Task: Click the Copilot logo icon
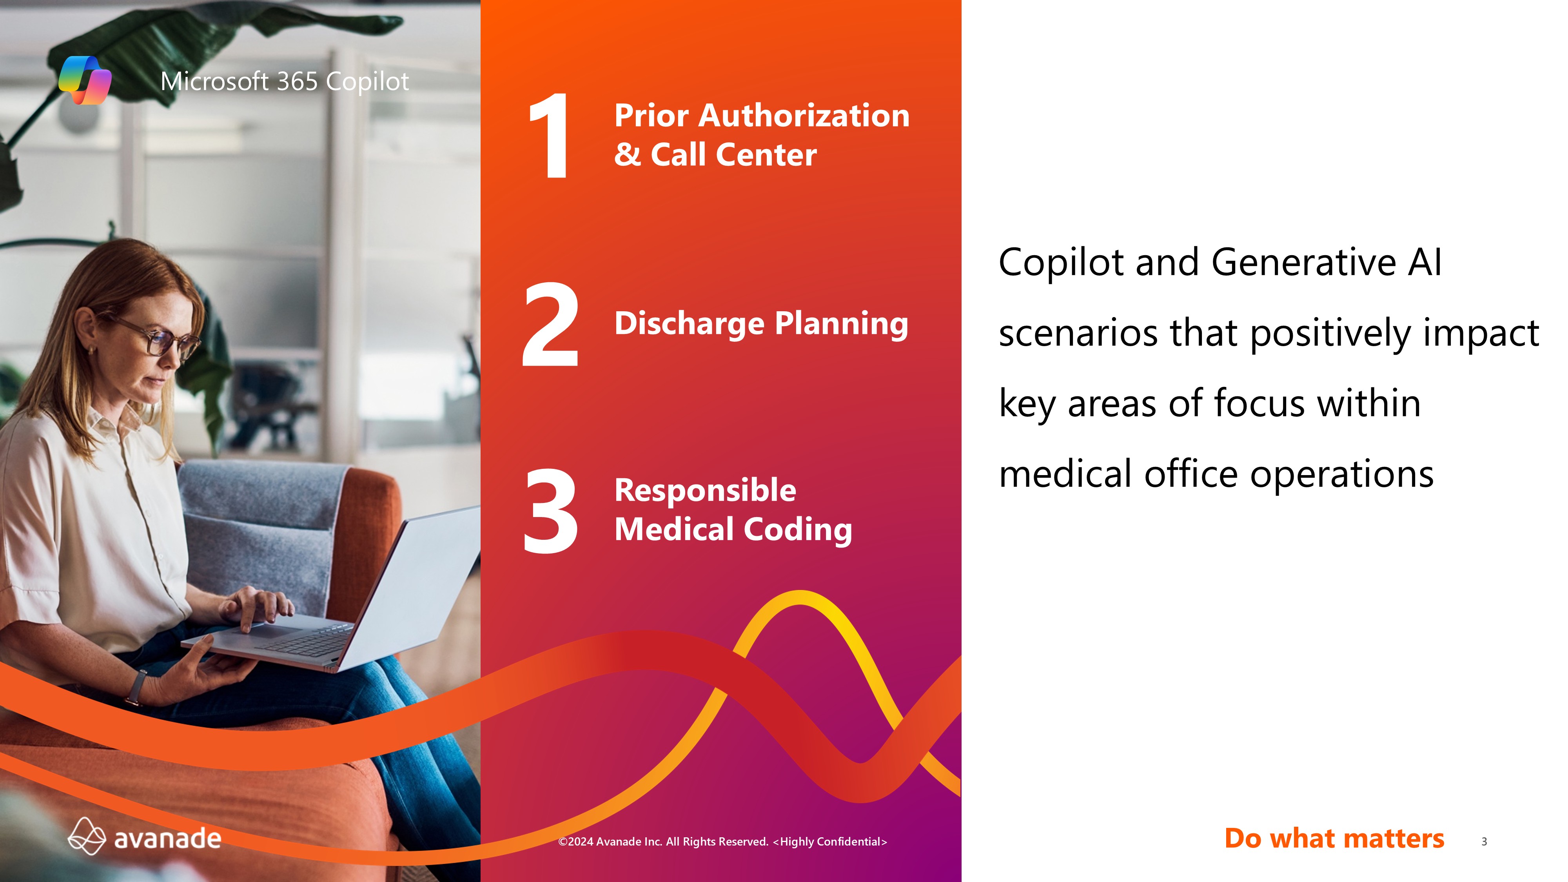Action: click(85, 80)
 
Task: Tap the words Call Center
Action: click(733, 154)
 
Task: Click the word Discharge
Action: click(689, 324)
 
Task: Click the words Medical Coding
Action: click(733, 529)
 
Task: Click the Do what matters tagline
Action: click(1334, 838)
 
